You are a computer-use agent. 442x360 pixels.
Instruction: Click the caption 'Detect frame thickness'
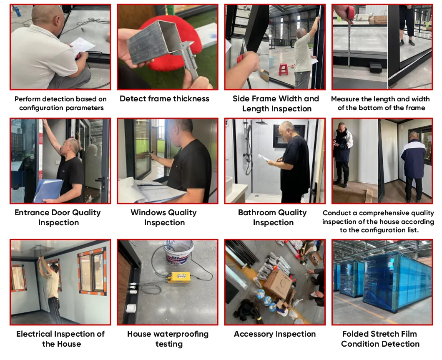[164, 99]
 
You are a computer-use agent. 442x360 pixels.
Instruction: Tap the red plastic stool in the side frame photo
[284, 69]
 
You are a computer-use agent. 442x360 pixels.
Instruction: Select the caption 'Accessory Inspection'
[275, 334]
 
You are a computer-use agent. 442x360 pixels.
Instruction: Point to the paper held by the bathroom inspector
[264, 158]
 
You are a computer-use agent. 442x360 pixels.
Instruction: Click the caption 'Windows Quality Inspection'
[163, 217]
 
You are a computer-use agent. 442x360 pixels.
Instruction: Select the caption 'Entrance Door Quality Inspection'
[58, 217]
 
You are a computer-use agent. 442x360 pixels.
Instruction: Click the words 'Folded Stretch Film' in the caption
[379, 334]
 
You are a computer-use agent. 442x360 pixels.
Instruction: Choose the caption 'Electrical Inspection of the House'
[61, 339]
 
